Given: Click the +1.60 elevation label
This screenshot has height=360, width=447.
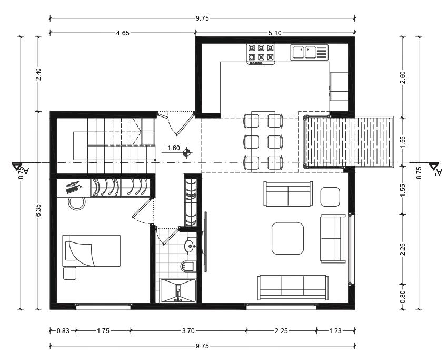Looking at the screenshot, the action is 172,148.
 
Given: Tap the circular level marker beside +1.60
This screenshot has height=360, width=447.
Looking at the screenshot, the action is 187,152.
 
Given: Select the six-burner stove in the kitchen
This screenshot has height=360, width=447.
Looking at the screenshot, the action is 261,54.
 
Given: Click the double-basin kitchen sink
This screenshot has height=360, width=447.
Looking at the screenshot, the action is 309,52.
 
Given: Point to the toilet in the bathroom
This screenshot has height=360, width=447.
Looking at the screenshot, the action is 187,266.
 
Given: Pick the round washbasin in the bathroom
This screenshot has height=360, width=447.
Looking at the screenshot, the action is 190,246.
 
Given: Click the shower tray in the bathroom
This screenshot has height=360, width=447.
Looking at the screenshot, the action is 178,290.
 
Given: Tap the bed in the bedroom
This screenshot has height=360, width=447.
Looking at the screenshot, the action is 91,251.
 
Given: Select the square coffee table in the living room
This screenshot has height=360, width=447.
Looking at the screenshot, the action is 287,238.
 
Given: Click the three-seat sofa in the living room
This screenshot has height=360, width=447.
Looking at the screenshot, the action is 293,288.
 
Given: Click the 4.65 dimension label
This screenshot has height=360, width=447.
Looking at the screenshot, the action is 123,33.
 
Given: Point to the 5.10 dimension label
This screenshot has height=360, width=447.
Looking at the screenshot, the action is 275,33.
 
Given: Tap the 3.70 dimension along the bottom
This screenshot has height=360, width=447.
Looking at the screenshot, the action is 188,331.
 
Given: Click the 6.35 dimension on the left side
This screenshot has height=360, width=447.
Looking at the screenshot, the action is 38,210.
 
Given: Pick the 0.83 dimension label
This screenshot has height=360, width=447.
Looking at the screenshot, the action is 63,331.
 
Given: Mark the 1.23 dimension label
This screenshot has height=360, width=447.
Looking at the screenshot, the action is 335,331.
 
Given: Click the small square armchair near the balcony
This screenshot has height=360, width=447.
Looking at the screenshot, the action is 330,197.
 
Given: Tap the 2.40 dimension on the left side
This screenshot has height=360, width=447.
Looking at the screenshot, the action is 38,74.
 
